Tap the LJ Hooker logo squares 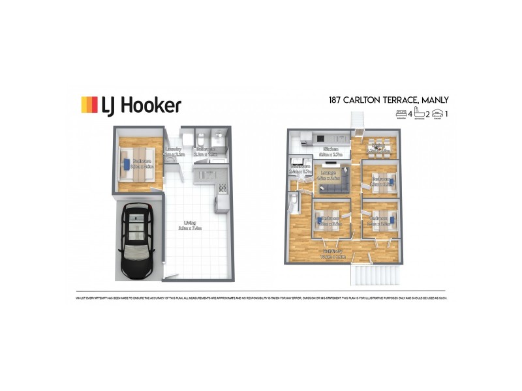coord(89,105)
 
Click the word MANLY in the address coord(433,100)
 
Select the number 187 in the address coord(336,100)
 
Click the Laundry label coord(174,151)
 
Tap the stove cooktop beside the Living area coord(222,188)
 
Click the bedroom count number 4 coord(409,115)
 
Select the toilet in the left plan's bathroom coord(201,139)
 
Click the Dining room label coord(377,150)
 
